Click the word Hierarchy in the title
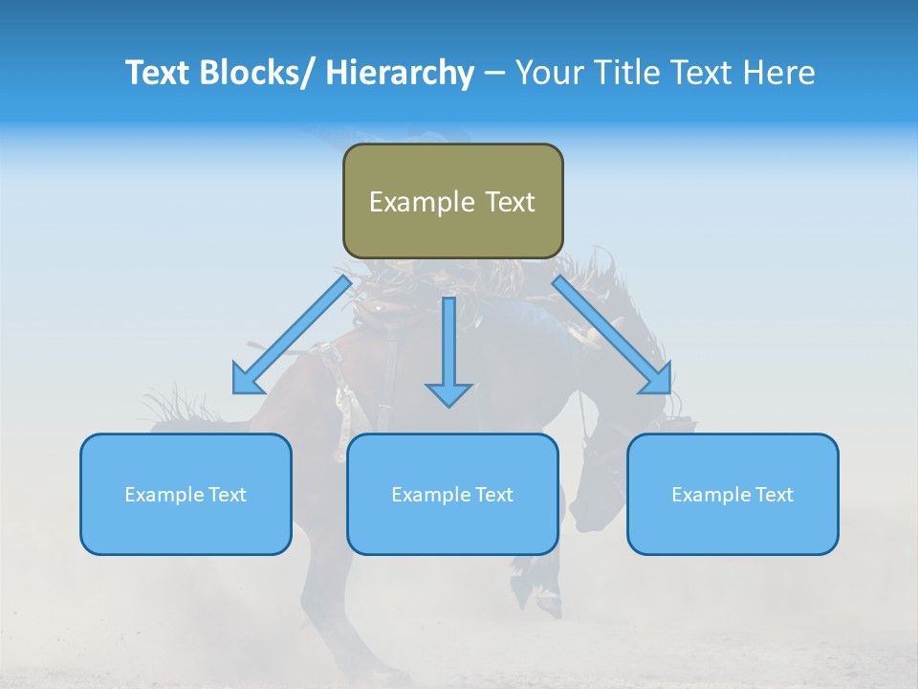[400, 73]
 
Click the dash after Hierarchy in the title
[494, 75]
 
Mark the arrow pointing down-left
[292, 335]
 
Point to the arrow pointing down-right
[612, 335]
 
